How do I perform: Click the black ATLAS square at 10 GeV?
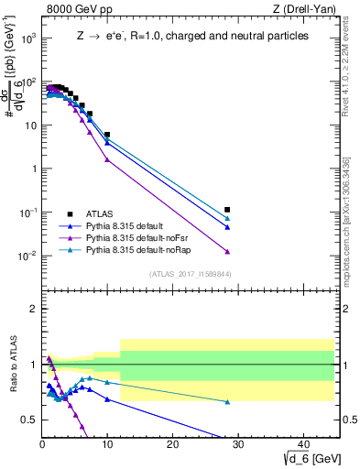[107, 135]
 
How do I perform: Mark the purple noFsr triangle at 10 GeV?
[107, 159]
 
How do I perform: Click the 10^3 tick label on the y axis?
[27, 38]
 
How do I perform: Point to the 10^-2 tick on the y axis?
[27, 256]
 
